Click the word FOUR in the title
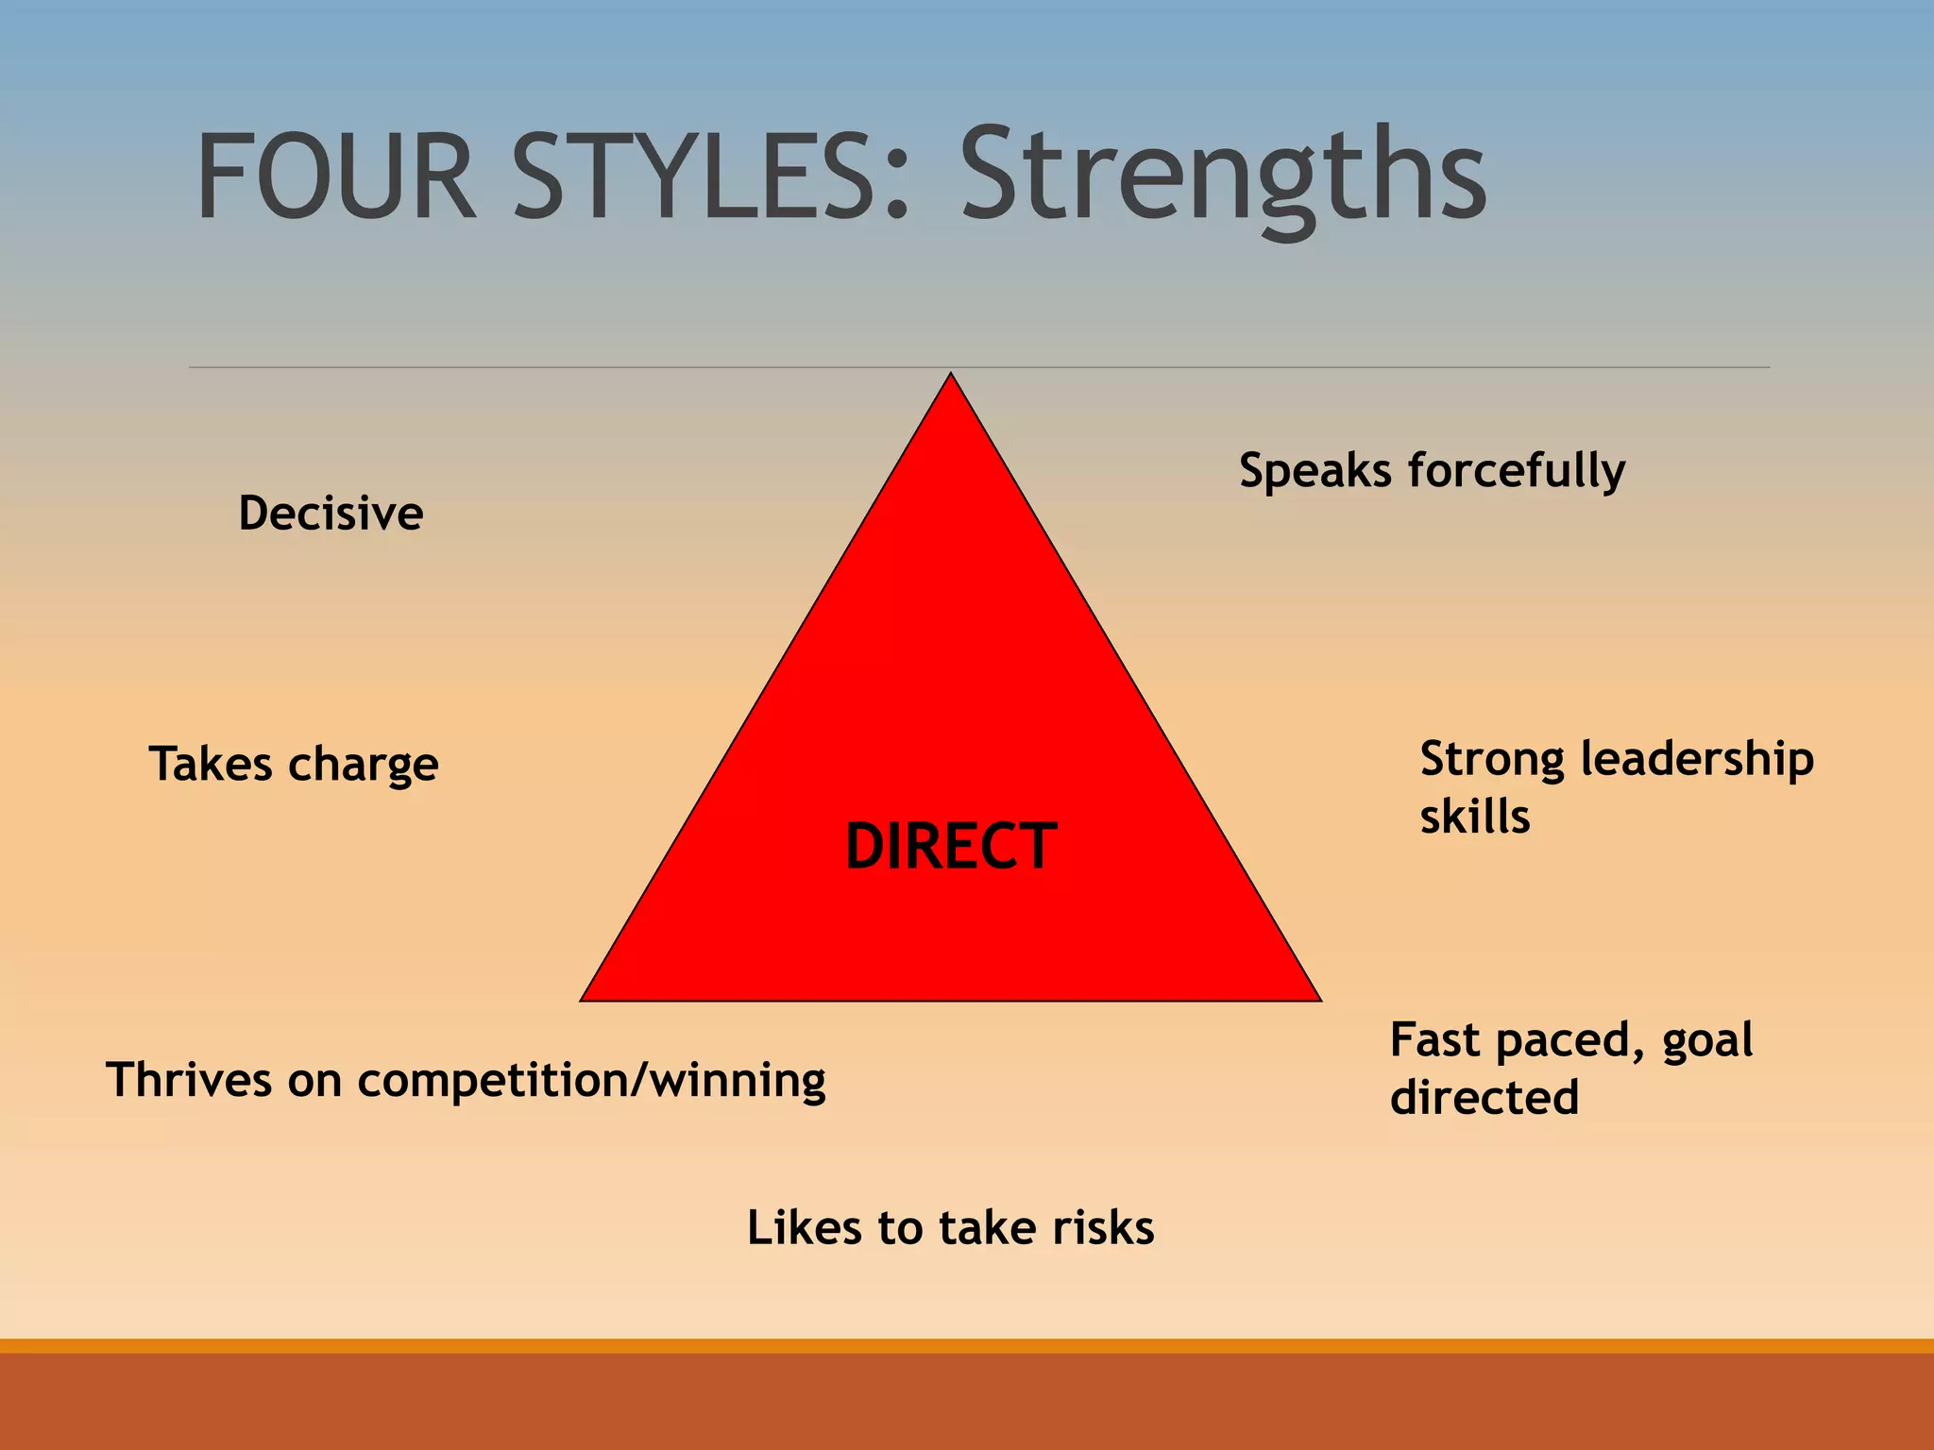tap(335, 177)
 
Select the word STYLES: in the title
tap(711, 177)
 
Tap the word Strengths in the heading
tap(1223, 179)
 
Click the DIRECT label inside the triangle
tap(950, 846)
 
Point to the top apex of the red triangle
tap(951, 376)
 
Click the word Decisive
tap(331, 514)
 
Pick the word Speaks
tap(1315, 470)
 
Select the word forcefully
tap(1516, 472)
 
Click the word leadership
tap(1696, 760)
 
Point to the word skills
tap(1474, 818)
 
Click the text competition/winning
tap(591, 1082)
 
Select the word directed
tap(1484, 1098)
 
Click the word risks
tap(1103, 1228)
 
